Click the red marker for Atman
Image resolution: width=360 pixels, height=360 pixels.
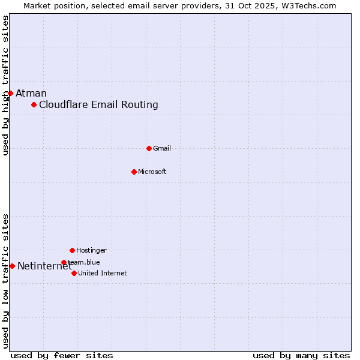point(10,93)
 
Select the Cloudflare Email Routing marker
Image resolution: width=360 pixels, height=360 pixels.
point(34,105)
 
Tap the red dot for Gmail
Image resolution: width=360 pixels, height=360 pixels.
point(149,148)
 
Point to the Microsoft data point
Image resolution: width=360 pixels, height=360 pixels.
point(134,172)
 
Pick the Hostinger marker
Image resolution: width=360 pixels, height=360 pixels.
point(72,250)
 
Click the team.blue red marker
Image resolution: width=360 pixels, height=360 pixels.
point(64,262)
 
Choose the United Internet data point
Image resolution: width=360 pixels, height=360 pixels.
point(74,273)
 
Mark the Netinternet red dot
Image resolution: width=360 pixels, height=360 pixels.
point(12,266)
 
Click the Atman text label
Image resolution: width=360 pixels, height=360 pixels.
point(31,93)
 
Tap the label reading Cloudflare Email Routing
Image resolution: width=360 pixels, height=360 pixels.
point(98,105)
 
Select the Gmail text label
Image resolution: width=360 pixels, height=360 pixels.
point(162,148)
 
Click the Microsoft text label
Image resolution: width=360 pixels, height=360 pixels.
point(152,172)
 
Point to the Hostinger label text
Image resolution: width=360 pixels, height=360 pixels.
point(91,250)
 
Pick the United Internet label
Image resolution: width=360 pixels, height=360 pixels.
point(103,273)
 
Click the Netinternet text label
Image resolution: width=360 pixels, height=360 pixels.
point(44,266)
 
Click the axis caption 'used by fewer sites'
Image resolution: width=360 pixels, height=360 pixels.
point(62,355)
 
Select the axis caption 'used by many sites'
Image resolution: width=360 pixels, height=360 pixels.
point(301,355)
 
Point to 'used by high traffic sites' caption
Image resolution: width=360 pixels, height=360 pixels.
point(6,85)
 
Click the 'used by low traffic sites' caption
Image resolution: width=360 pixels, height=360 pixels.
point(6,281)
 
